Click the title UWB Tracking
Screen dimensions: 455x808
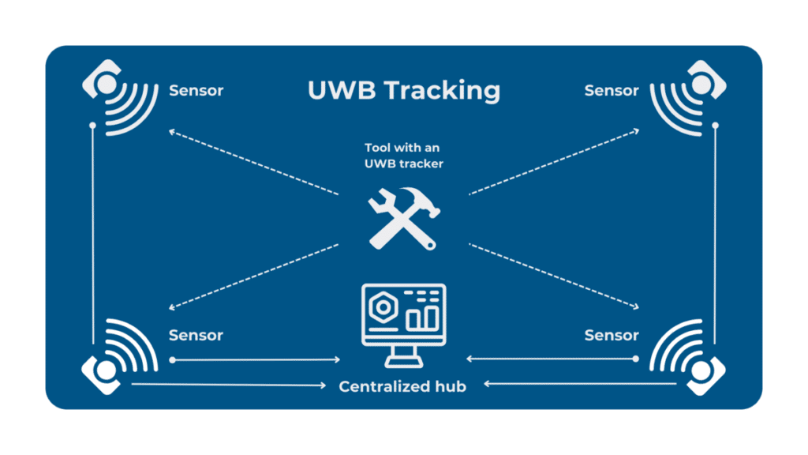403,91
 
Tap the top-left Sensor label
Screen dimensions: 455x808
196,91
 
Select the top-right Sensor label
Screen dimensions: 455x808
611,91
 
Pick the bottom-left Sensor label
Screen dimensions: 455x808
196,336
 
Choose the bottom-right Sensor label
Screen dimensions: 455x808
611,336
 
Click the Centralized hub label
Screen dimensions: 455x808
402,386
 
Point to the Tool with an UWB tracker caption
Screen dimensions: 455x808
403,155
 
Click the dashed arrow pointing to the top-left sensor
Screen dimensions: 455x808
252,162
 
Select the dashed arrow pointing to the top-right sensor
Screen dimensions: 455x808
554,162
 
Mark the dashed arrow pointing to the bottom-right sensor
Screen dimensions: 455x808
554,276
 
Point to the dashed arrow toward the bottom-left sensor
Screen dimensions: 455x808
252,276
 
